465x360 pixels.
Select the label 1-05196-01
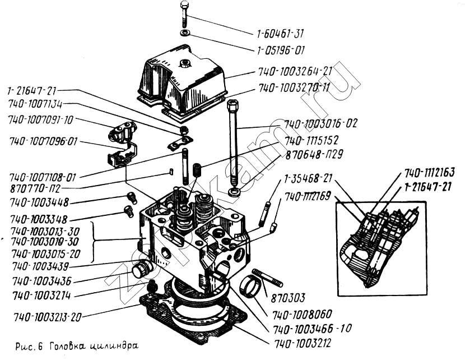click(281, 50)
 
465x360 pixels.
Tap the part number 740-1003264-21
click(296, 72)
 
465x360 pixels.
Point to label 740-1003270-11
click(294, 88)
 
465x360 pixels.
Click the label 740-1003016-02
click(320, 123)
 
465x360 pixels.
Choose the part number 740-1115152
click(311, 140)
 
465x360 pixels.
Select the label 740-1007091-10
click(40, 119)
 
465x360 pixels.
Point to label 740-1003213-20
click(46, 317)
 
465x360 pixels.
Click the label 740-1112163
click(429, 172)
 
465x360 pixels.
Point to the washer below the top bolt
click(185, 33)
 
